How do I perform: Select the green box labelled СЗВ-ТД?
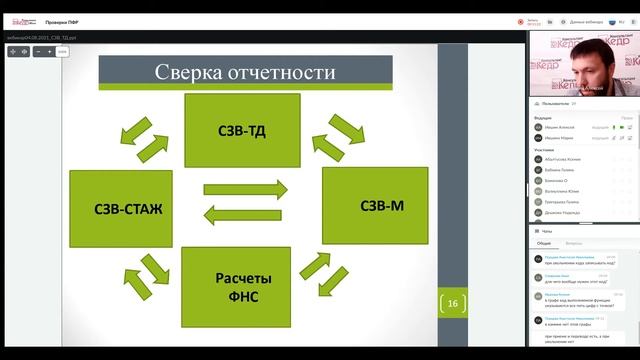(x=241, y=130)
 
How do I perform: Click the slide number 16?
(x=452, y=304)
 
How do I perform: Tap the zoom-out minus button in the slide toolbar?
(x=37, y=51)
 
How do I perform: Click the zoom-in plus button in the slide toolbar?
(x=49, y=51)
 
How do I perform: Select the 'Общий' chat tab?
(x=543, y=242)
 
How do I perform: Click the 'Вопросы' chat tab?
(x=574, y=242)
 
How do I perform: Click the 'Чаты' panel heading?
(x=547, y=230)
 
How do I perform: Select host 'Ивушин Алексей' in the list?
(x=562, y=127)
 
